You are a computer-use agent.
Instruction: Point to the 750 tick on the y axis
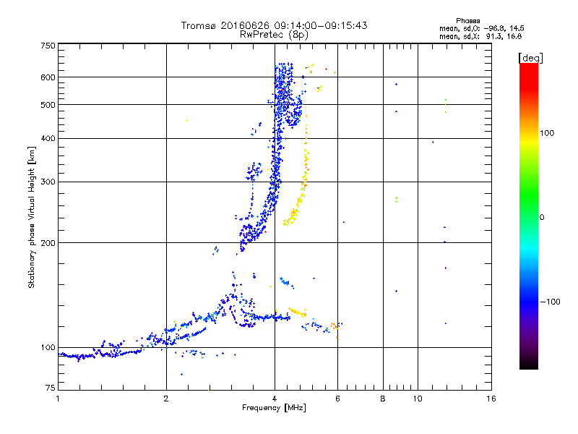point(48,46)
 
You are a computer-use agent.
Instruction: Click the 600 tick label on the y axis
point(48,77)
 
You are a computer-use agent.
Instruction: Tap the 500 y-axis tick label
point(48,105)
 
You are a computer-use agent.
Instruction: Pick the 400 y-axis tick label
point(48,138)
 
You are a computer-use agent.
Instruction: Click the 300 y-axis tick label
point(48,182)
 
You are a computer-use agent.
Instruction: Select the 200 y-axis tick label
point(48,243)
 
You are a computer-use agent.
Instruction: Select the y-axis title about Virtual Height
point(32,217)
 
